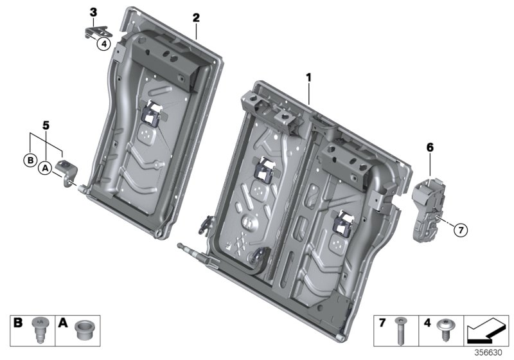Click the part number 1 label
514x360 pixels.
tap(308, 77)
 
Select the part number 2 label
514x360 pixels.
tap(196, 17)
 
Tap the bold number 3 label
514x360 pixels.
tap(93, 12)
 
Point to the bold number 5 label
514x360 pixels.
tap(45, 123)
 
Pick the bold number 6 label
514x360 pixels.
tap(430, 148)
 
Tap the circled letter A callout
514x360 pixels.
tap(45, 168)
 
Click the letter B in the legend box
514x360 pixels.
tap(19, 323)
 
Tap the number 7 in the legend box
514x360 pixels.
tap(383, 323)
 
